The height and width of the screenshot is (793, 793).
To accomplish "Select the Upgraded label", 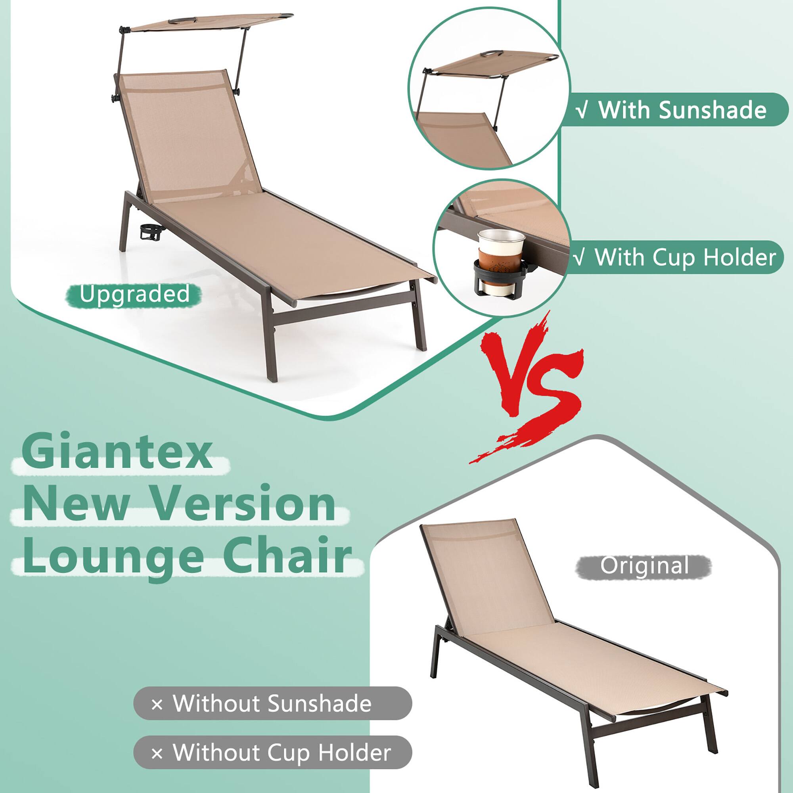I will [x=134, y=294].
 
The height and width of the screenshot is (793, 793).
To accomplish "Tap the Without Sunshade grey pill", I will [x=272, y=703].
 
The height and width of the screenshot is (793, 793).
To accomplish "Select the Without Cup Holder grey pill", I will [x=272, y=753].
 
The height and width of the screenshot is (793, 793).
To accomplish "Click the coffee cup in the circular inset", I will [x=496, y=255].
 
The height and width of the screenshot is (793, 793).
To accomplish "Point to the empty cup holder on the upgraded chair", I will [x=150, y=233].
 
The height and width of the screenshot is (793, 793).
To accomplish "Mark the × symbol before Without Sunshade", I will [x=157, y=704].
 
